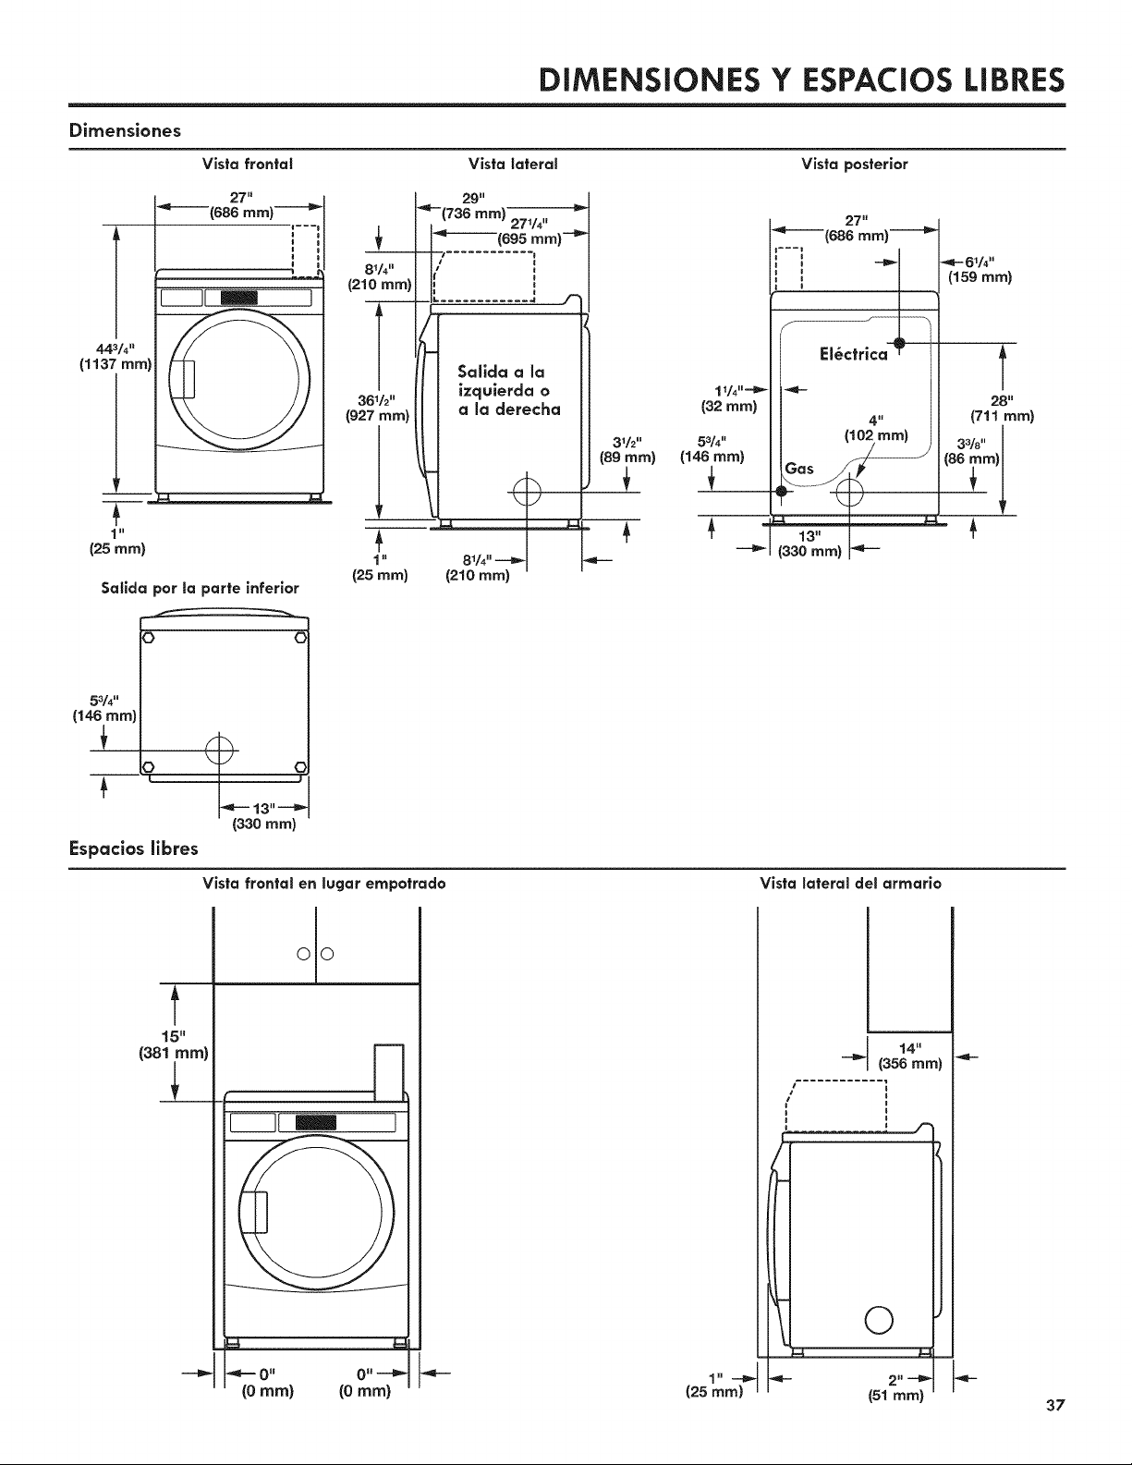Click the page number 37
click(x=1055, y=1405)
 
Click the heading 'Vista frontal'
click(x=248, y=164)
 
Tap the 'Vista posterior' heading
click(x=855, y=164)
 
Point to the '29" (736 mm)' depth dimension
click(x=473, y=205)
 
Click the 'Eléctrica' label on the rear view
click(x=854, y=354)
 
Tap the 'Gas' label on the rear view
click(x=799, y=468)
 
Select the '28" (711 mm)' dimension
click(x=1002, y=408)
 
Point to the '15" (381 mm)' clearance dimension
click(x=173, y=1044)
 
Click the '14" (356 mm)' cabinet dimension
click(x=909, y=1056)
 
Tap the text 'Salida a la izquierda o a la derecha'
click(x=509, y=390)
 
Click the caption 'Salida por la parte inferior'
click(x=201, y=589)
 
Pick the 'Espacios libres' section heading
click(x=133, y=848)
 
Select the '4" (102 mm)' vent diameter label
click(x=876, y=427)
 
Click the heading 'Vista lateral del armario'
click(x=850, y=884)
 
